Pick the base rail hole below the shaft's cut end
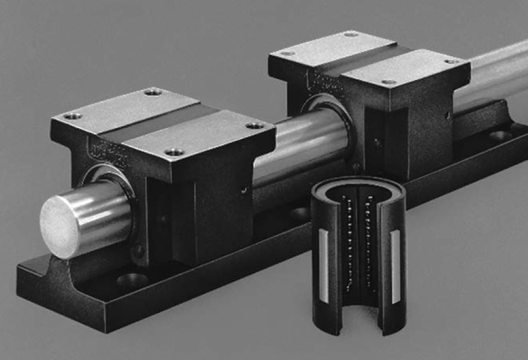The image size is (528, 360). [x=132, y=281]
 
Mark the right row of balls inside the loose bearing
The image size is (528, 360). [x=367, y=243]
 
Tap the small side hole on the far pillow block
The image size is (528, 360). [x=448, y=116]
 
